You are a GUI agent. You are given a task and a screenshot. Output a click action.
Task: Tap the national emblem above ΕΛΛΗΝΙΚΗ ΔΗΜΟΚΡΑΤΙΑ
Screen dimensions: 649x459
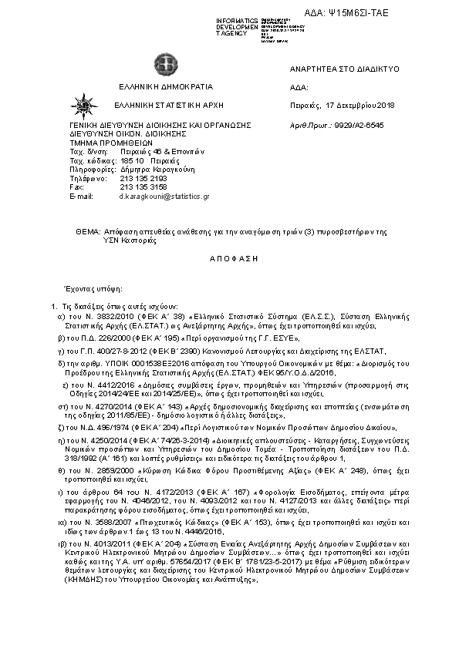tap(166, 64)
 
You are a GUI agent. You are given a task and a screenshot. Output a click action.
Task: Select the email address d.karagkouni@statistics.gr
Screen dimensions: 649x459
tap(164, 197)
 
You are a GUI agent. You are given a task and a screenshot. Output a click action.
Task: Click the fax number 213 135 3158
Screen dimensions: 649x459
tap(143, 187)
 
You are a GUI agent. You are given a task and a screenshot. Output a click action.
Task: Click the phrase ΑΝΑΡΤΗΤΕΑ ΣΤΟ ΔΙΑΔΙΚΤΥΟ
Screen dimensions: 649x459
tap(343, 69)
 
